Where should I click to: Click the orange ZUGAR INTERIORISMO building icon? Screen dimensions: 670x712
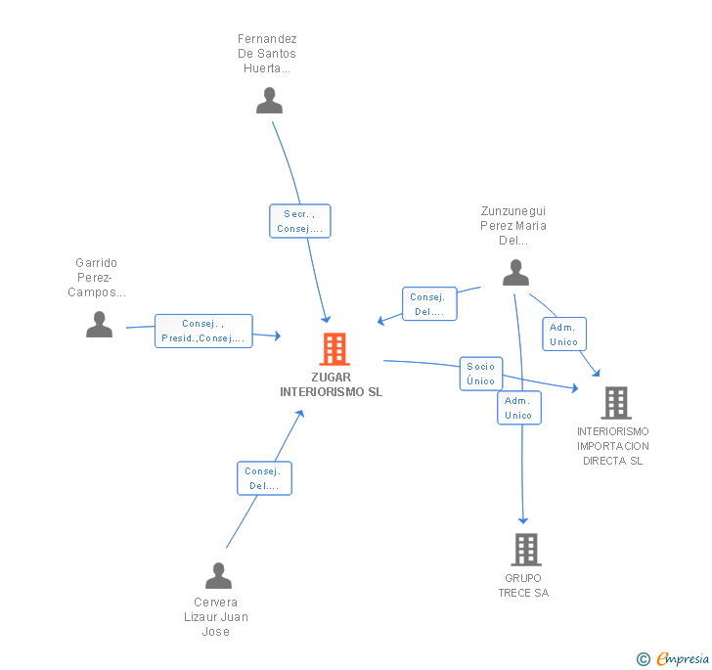pos(334,349)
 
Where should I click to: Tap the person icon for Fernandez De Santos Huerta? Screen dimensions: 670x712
pos(269,101)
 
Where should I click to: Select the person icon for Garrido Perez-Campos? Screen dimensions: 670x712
pos(99,325)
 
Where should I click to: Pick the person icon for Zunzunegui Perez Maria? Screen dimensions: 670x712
pos(515,274)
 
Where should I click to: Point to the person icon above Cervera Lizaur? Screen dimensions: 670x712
pos(218,575)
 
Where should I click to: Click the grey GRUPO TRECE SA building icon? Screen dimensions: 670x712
pos(525,550)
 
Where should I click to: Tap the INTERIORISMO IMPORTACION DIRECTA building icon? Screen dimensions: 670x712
pos(615,402)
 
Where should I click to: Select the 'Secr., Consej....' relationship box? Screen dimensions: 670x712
pos(300,221)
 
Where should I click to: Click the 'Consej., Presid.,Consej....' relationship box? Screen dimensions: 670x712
pos(203,331)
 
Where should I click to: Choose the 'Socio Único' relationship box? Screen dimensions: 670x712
pos(480,374)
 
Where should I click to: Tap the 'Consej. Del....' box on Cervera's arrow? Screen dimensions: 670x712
pos(264,478)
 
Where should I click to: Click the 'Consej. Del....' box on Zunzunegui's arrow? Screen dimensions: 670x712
pos(428,304)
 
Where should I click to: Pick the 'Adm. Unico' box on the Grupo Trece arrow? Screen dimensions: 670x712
pos(517,408)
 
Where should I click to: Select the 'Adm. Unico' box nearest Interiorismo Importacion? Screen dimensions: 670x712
pos(564,335)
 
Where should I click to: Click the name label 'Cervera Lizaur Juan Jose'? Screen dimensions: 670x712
pos(216,616)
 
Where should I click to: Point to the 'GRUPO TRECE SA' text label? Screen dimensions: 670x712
pos(523,585)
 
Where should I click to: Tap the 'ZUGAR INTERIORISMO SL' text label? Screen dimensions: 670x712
pos(331,384)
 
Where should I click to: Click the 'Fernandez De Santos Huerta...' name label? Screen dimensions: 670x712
pos(267,54)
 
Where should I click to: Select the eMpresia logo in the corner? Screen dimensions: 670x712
pos(673,658)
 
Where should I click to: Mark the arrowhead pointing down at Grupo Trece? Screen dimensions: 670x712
pos(523,519)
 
